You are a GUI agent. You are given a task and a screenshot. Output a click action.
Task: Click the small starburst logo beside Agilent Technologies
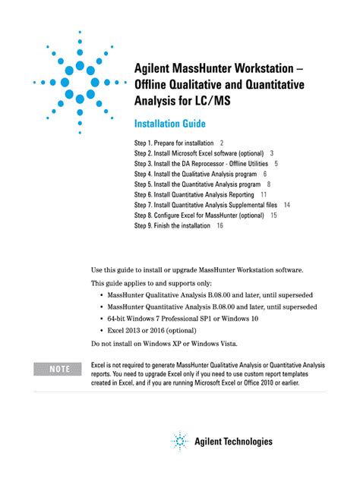click(x=179, y=440)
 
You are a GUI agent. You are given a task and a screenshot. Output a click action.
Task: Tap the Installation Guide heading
click(x=170, y=124)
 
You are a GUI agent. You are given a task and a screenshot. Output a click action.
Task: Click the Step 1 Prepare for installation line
click(x=174, y=143)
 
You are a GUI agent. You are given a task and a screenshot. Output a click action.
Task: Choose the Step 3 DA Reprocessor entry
click(x=201, y=163)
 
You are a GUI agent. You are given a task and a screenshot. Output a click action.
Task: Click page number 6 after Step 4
click(x=264, y=174)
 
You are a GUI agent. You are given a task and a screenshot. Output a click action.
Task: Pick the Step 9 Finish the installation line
click(x=174, y=225)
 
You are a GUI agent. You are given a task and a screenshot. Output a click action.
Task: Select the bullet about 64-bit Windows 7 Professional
click(x=193, y=319)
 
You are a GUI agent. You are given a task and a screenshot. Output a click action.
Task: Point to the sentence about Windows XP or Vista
click(x=164, y=344)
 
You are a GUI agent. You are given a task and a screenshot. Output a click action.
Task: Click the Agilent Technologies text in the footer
click(x=234, y=441)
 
